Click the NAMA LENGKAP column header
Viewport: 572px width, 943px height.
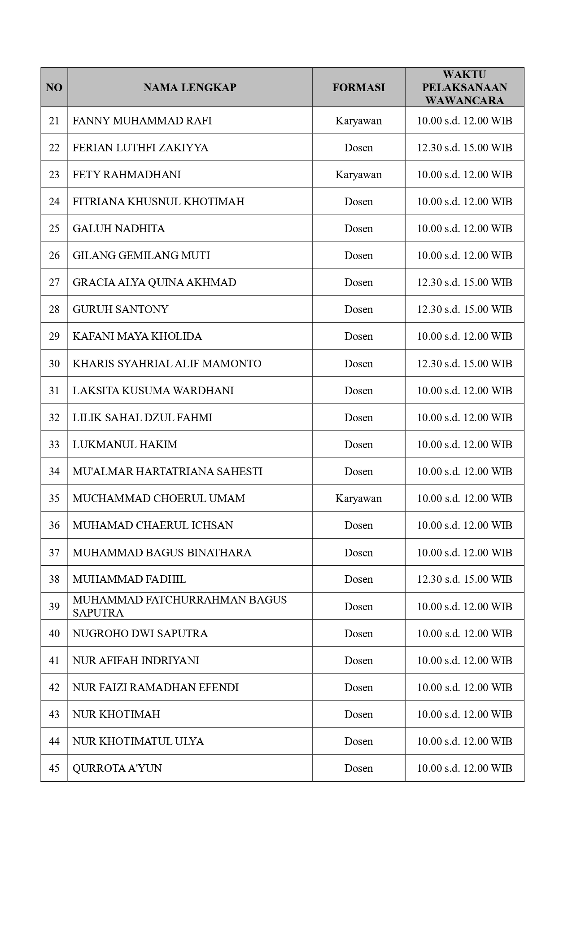[x=190, y=88]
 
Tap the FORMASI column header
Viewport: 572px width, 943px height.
[x=358, y=88]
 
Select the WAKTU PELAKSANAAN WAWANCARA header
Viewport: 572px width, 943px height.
[x=464, y=88]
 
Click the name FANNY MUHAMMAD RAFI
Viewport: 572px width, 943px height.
[x=142, y=121]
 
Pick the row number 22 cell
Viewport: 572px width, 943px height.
[x=54, y=148]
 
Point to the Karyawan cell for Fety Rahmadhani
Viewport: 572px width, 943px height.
[x=358, y=175]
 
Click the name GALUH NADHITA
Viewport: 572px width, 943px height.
[x=118, y=229]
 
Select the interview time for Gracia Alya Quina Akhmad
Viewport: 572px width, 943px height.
[x=464, y=282]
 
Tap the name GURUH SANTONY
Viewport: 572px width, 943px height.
[x=120, y=309]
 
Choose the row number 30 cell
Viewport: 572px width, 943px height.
[x=54, y=364]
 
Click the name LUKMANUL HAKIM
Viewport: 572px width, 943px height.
[x=125, y=445]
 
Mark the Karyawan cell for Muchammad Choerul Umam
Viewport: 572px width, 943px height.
[x=358, y=498]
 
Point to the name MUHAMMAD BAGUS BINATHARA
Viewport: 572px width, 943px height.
[x=162, y=553]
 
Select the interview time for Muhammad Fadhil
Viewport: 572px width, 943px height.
[x=464, y=579]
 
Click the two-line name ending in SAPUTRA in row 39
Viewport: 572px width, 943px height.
[x=179, y=606]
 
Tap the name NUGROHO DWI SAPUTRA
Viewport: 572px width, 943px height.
[x=140, y=634]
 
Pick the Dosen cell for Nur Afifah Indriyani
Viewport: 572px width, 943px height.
[x=358, y=661]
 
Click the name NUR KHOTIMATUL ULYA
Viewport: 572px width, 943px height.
[x=138, y=741]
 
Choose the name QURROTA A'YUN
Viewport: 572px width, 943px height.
[x=117, y=768]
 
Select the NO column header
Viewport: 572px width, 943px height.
[x=54, y=88]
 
